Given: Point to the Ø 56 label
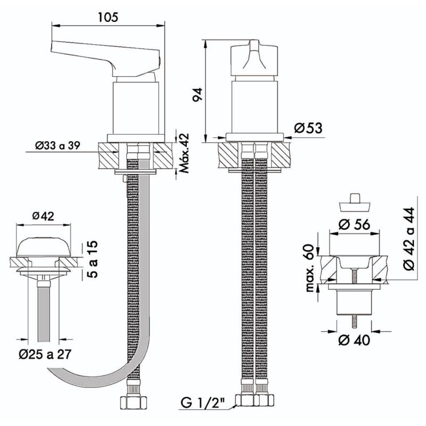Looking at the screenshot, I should pos(356,224).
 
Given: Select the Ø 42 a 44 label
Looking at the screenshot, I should pos(408,239).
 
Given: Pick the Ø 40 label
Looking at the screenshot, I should pos(356,340).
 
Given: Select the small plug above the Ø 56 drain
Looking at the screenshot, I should pos(355,203).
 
